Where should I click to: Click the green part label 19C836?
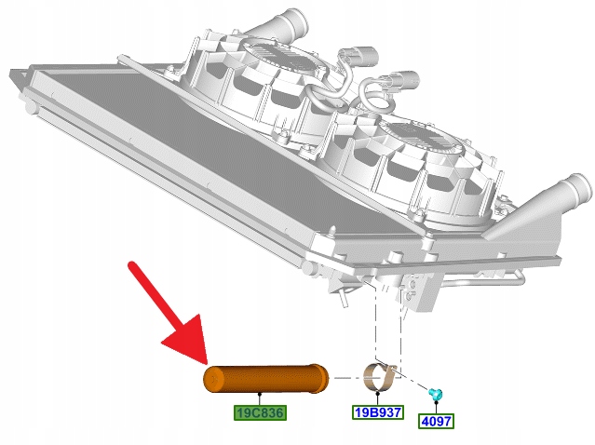(x=260, y=412)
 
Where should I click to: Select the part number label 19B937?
(x=378, y=412)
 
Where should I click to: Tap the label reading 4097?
(x=436, y=421)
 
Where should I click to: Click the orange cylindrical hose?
(x=265, y=379)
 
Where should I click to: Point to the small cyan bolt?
(x=435, y=395)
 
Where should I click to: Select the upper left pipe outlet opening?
(x=299, y=22)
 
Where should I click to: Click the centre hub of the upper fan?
(x=280, y=58)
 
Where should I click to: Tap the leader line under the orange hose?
(x=260, y=399)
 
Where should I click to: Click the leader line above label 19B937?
(x=377, y=399)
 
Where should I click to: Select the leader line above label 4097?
(x=436, y=408)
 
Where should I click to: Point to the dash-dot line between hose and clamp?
(x=346, y=378)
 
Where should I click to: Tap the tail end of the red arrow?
(x=132, y=265)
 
